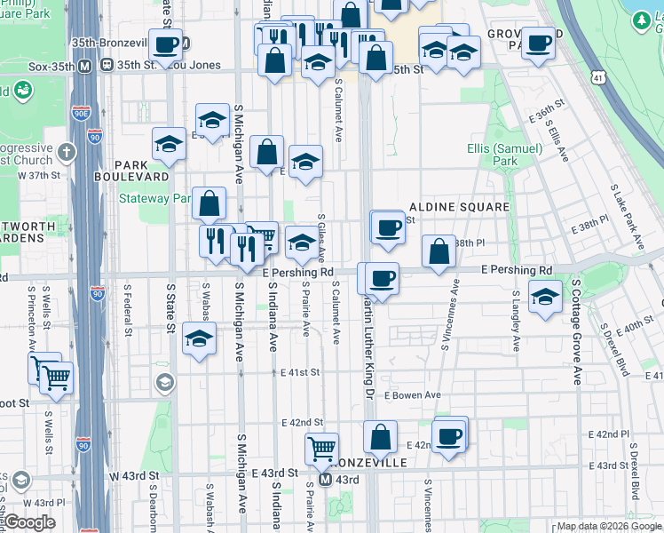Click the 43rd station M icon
pyautogui.click(x=325, y=479)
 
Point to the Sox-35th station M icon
pyautogui.click(x=85, y=65)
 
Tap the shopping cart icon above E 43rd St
pyautogui.click(x=321, y=447)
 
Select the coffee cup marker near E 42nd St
pyautogui.click(x=450, y=435)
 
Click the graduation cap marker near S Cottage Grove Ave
pyautogui.click(x=545, y=297)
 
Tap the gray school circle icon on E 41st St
pyautogui.click(x=164, y=382)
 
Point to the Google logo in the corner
pyautogui.click(x=29, y=522)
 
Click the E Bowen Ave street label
pyautogui.click(x=413, y=395)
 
